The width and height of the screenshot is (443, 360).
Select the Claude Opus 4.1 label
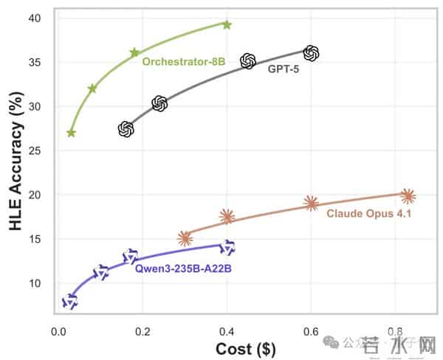[x=368, y=213]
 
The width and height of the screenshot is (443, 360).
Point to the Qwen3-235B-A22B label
[x=183, y=269]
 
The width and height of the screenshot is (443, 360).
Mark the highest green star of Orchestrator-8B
[x=227, y=24]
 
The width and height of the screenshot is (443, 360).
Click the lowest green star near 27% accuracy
[x=71, y=133]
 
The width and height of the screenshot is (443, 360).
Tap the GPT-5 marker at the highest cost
[x=311, y=52]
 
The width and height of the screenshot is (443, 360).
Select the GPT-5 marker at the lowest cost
[x=126, y=129]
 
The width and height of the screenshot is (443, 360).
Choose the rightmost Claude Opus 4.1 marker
[x=408, y=195]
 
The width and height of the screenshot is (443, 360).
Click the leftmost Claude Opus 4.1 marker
[x=185, y=238]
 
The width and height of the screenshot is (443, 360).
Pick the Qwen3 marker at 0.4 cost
[x=227, y=246]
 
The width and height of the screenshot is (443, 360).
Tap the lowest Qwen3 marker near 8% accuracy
[x=70, y=301]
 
